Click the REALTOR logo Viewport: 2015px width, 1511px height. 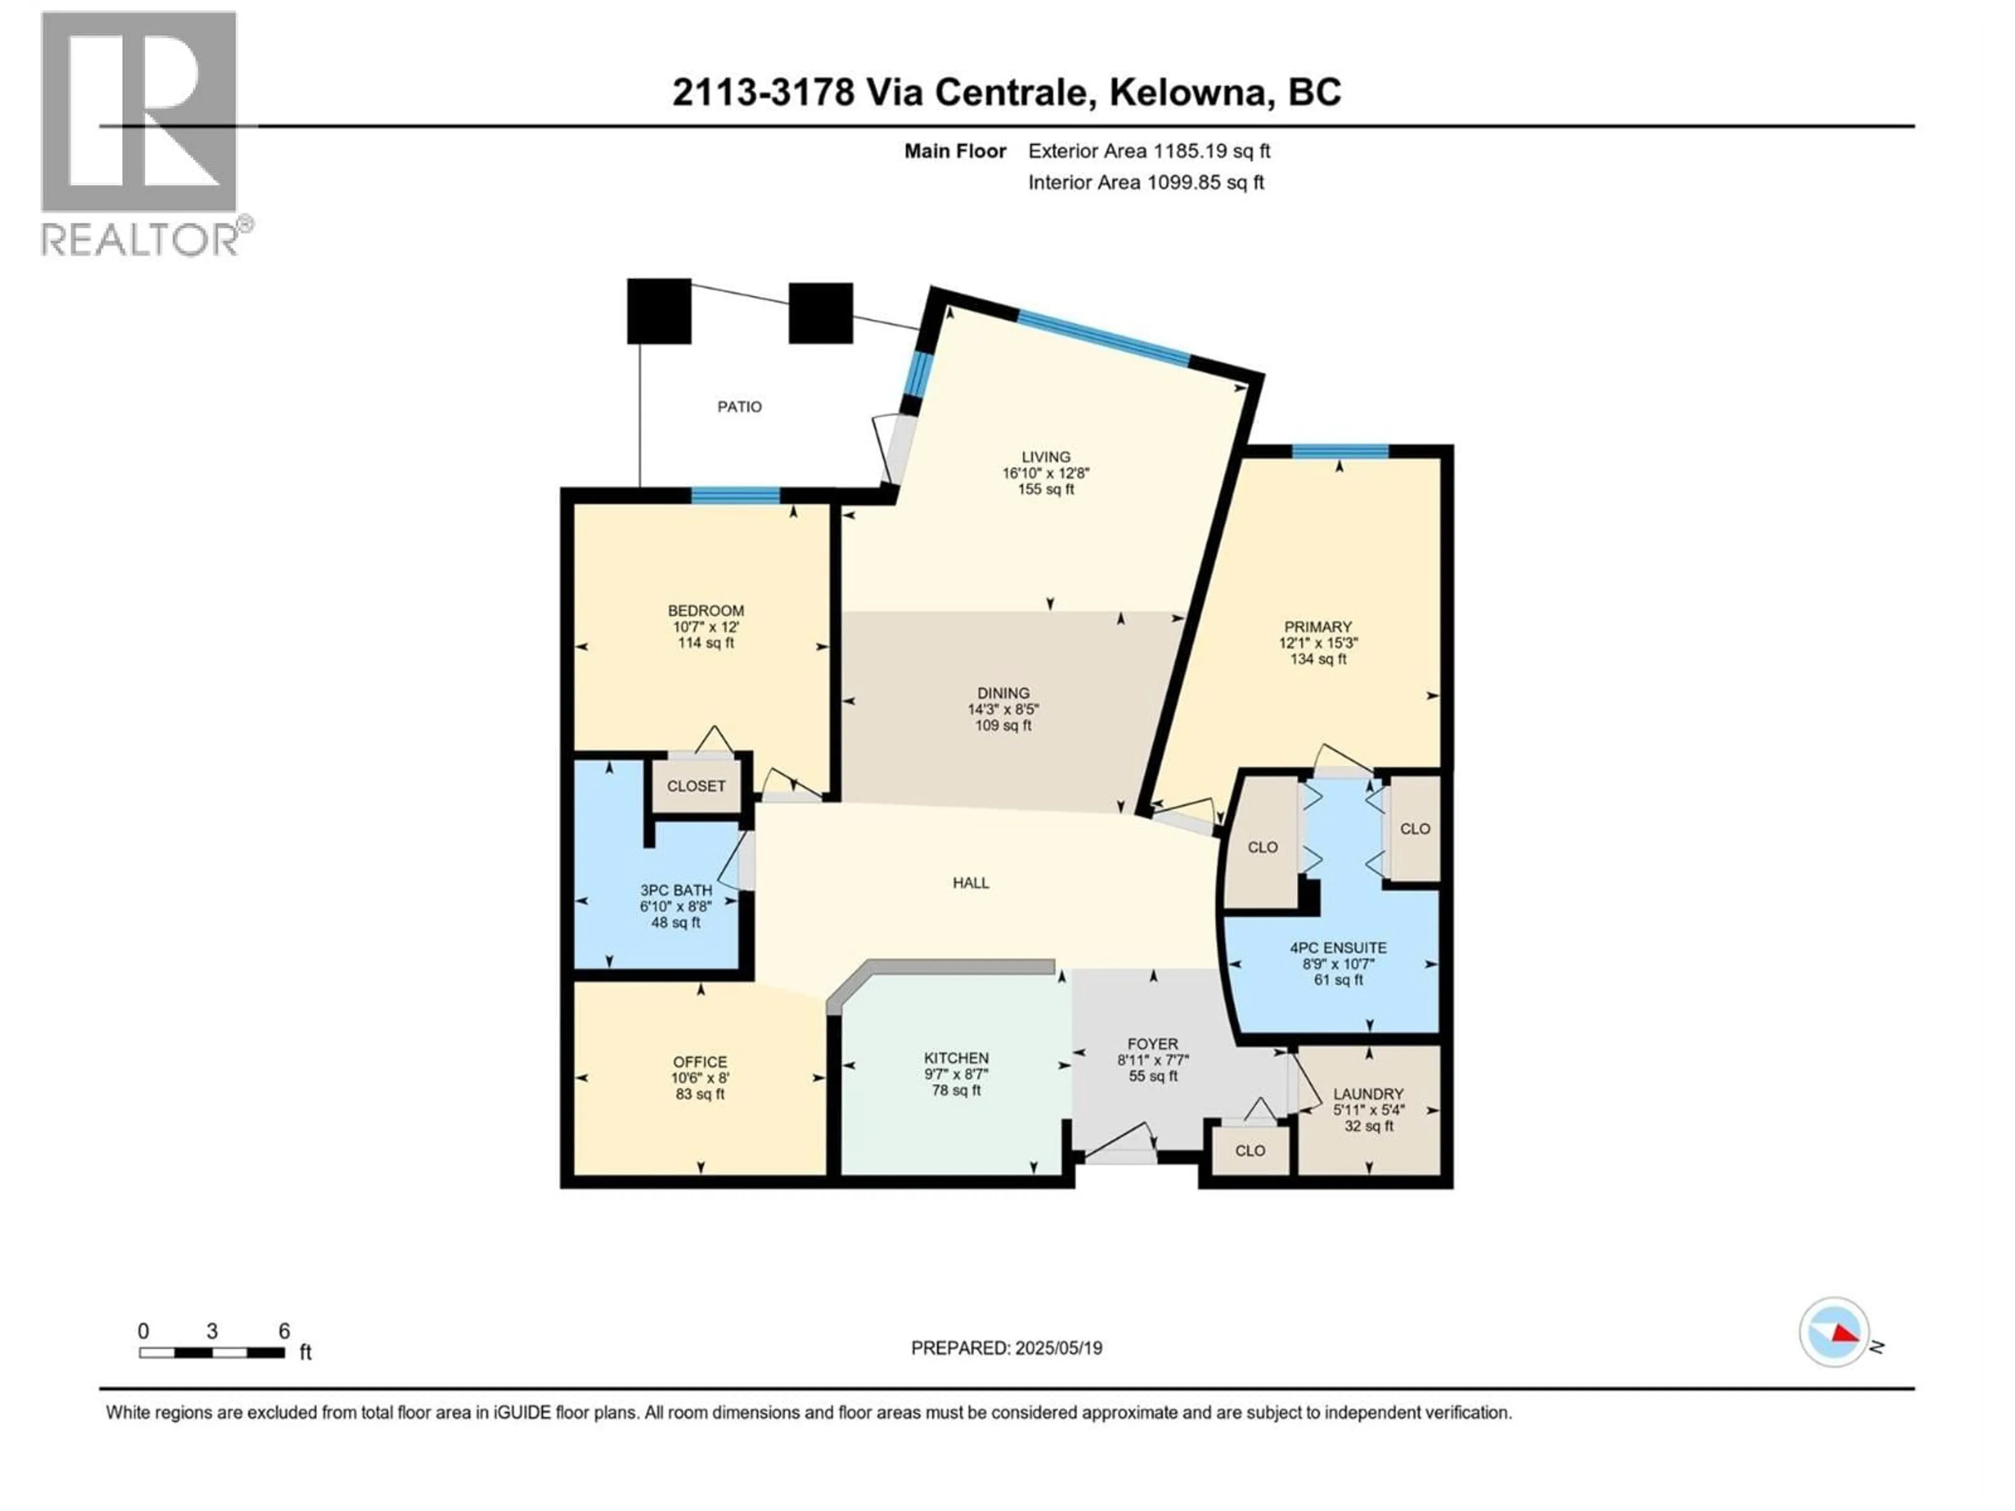click(141, 133)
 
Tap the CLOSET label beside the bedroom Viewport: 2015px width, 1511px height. click(696, 786)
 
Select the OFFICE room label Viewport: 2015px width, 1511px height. click(699, 1062)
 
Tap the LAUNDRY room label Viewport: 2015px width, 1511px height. click(1368, 1094)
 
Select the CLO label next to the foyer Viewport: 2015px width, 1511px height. click(1250, 1151)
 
